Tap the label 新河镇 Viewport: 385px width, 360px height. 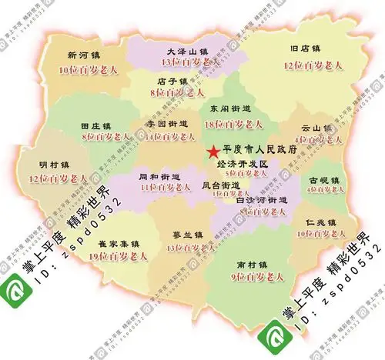(x=83, y=55)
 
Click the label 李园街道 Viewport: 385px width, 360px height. (x=166, y=123)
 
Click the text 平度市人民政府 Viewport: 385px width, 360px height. (x=259, y=151)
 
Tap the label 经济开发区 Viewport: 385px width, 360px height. (x=242, y=165)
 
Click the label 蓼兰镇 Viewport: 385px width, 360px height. (x=188, y=235)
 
